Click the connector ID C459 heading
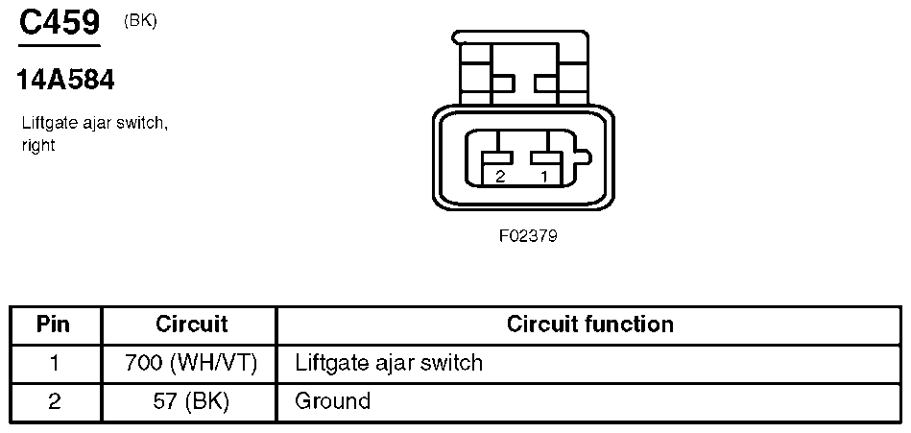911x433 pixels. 60,22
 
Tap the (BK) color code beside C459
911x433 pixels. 140,21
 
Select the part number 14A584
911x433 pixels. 65,81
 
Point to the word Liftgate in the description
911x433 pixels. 48,124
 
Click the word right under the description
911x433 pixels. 38,146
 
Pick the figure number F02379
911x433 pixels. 528,236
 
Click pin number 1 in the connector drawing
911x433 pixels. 544,177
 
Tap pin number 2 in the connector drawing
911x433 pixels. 500,177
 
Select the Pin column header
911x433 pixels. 54,325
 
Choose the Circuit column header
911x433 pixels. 191,325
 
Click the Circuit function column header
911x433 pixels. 590,325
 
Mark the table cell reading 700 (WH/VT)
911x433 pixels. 191,363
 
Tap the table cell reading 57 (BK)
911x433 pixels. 191,401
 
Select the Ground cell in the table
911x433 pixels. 332,401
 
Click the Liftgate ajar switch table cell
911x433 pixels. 389,363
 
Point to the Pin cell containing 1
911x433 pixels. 54,364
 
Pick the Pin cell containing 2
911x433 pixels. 54,402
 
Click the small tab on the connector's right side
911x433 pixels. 582,156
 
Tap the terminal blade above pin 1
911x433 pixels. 546,156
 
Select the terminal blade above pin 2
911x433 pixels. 496,156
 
